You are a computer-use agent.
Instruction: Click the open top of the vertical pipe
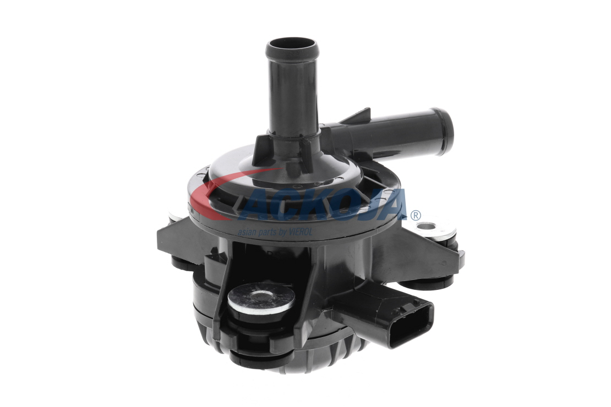point(292,46)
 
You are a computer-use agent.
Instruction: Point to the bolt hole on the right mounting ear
point(425,227)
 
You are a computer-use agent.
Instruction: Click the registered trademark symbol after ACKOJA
point(416,215)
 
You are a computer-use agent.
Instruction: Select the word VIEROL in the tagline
point(301,232)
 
